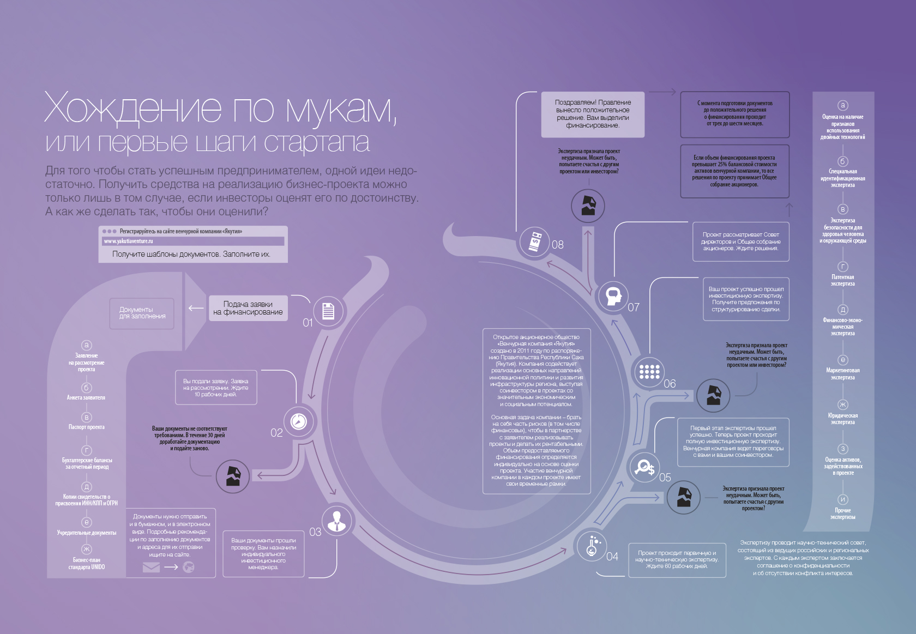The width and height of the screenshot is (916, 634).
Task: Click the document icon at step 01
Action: click(328, 311)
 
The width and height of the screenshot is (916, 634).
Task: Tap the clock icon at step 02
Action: click(299, 421)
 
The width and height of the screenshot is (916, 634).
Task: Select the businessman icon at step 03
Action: click(336, 522)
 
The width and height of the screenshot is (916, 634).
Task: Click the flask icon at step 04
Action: click(592, 546)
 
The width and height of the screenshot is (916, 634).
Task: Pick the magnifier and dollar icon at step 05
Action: click(644, 467)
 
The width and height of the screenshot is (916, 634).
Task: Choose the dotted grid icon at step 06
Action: click(649, 372)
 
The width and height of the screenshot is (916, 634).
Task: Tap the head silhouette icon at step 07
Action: click(614, 296)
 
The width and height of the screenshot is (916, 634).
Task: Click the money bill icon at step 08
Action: click(535, 240)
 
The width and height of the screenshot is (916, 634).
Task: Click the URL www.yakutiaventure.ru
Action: click(129, 241)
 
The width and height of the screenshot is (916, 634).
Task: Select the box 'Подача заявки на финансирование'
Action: click(248, 308)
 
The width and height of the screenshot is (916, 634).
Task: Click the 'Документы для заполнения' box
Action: click(142, 313)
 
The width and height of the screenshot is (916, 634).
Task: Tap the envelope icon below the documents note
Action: click(151, 567)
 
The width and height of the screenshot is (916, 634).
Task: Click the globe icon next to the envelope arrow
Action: click(189, 567)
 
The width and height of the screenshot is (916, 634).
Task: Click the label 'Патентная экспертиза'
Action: click(842, 280)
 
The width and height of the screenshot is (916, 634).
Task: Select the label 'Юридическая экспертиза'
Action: click(842, 419)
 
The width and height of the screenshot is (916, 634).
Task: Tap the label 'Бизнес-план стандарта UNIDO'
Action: click(87, 564)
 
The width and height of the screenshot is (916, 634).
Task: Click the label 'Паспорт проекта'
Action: click(87, 427)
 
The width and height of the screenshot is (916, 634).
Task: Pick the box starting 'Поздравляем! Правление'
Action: click(593, 114)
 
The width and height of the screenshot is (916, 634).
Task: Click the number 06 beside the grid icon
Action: click(670, 384)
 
